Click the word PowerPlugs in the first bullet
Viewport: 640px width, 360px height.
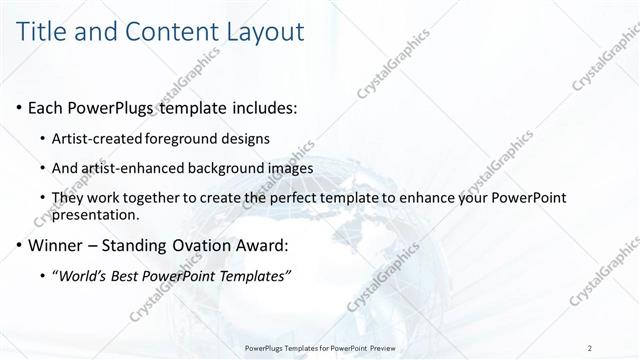[x=117, y=107]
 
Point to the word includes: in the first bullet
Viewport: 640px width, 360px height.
[x=258, y=107]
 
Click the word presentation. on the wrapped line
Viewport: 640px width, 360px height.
[x=96, y=215]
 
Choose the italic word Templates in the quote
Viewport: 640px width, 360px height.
[x=253, y=276]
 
